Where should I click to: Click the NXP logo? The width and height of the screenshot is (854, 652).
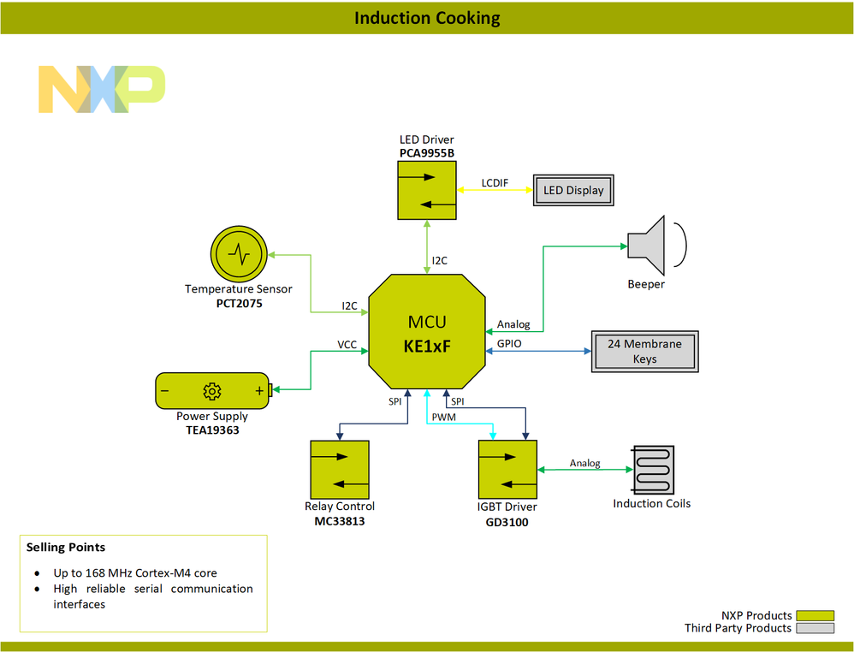(x=101, y=89)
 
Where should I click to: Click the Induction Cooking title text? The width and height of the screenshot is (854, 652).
(x=427, y=18)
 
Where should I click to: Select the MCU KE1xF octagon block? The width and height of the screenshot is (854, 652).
(x=426, y=332)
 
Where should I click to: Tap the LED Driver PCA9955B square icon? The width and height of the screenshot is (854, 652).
(x=426, y=190)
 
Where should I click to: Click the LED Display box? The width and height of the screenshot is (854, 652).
(x=573, y=190)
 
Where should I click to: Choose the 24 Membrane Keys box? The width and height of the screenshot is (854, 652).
(x=644, y=351)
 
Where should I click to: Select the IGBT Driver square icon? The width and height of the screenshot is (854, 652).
(x=507, y=469)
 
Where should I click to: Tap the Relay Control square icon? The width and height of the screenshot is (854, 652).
(x=340, y=469)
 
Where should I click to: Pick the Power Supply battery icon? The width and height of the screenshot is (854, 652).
(x=213, y=391)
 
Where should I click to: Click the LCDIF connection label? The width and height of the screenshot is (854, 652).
(x=495, y=182)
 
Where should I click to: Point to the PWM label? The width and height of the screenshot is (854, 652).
(x=443, y=418)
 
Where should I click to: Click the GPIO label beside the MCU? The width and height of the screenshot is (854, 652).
(x=509, y=344)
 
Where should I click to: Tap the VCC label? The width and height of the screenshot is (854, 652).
(x=347, y=344)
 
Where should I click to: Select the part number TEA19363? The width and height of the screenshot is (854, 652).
(x=212, y=430)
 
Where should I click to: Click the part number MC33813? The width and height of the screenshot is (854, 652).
(x=340, y=521)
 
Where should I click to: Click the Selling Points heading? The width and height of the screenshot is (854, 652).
(x=66, y=547)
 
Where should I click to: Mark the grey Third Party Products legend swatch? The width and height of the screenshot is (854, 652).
(x=815, y=628)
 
